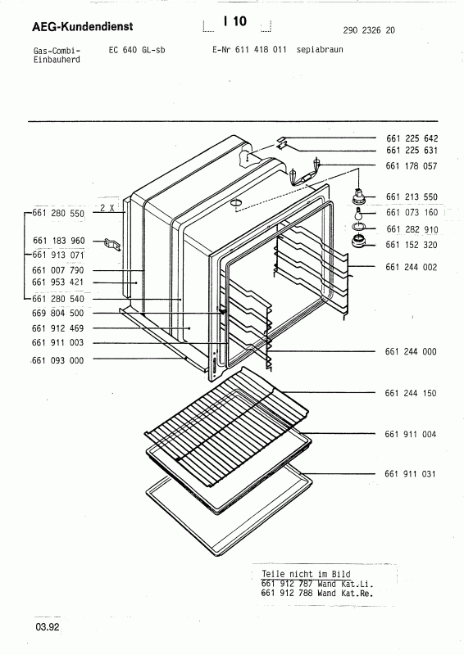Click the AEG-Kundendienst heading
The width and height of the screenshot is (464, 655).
(71, 29)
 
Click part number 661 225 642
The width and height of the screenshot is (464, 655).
(412, 138)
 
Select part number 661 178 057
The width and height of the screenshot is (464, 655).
(412, 166)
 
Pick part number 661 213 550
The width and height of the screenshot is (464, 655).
(412, 197)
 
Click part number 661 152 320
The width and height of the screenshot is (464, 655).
(412, 244)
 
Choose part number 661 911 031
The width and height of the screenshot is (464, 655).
(412, 474)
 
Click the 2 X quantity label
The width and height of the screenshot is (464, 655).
(105, 209)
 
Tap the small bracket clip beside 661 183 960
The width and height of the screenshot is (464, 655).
(112, 242)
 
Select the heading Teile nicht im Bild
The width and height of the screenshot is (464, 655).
(296, 574)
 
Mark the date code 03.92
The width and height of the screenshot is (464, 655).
(47, 628)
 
